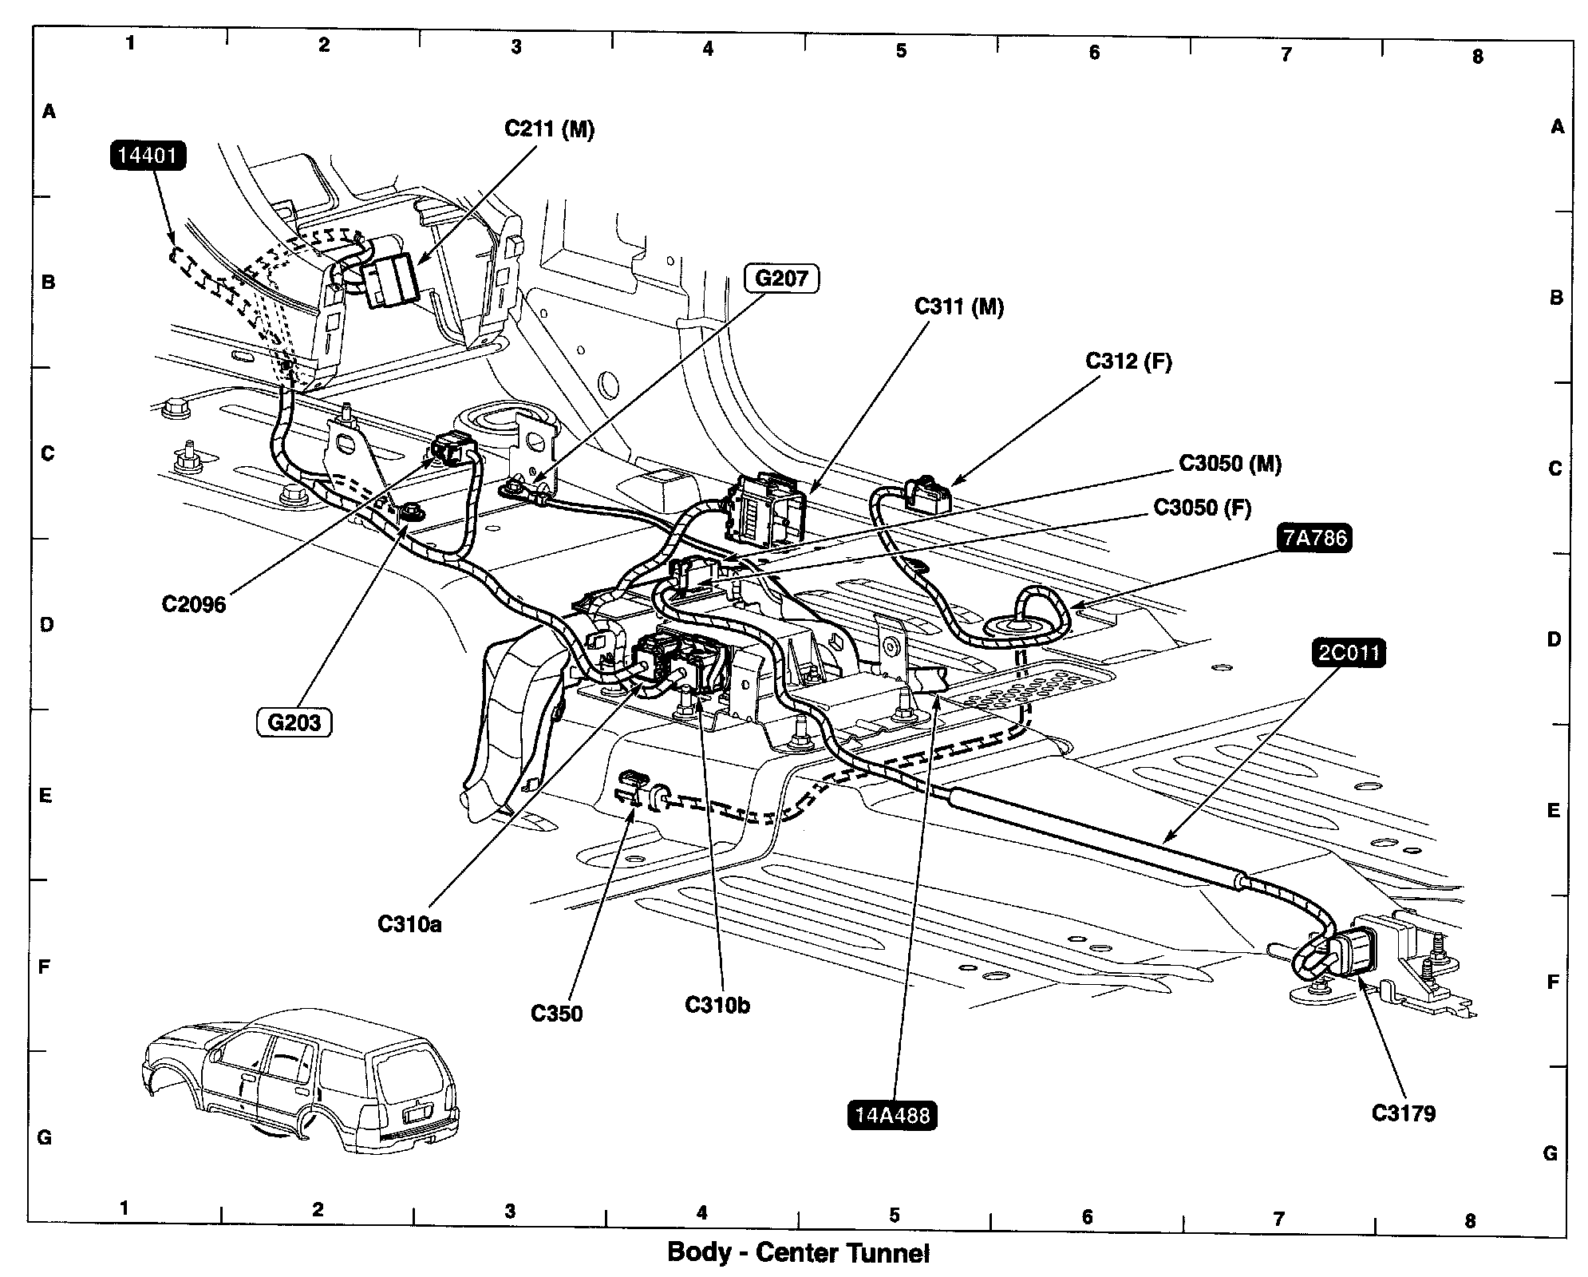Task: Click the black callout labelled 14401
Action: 148,155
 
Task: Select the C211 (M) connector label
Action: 549,129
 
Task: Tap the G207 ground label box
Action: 781,279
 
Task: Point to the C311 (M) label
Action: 958,306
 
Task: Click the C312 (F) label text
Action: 1128,362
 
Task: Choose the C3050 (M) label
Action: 1230,465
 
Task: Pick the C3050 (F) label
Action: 1202,508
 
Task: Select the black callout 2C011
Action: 1348,654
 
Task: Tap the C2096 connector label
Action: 194,604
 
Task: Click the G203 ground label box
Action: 294,722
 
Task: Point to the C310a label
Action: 409,924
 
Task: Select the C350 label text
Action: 556,1014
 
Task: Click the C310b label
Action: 717,1005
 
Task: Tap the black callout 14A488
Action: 891,1115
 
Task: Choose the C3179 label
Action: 1403,1113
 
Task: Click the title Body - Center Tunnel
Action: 798,1252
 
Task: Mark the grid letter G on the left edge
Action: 45,1137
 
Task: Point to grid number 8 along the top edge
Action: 1477,57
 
